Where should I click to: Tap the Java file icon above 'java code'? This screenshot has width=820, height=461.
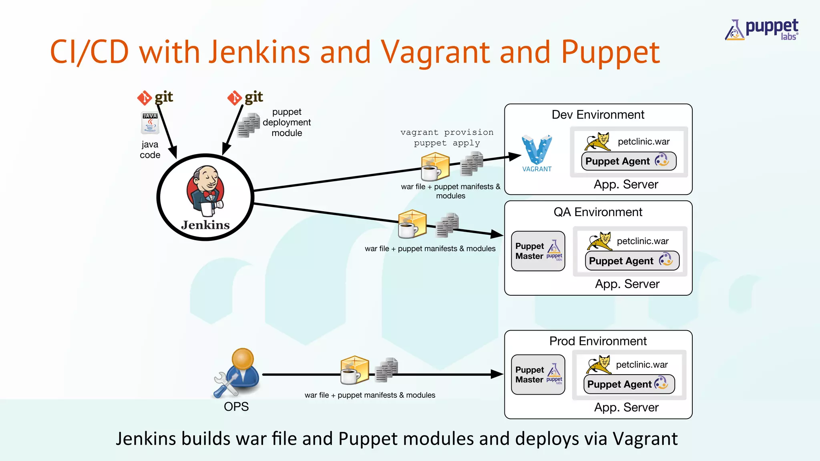(x=150, y=123)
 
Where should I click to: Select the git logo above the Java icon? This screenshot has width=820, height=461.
(x=155, y=97)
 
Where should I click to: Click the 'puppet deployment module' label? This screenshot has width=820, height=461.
(x=287, y=122)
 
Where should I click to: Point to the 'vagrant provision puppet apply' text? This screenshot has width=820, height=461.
(x=447, y=138)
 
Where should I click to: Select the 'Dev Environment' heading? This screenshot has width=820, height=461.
(x=598, y=115)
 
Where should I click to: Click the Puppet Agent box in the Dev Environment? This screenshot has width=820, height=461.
(x=628, y=161)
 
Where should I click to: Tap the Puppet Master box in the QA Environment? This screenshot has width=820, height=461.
(x=538, y=251)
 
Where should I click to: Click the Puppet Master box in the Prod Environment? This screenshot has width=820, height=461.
(x=538, y=375)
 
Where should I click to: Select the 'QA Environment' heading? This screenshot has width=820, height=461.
(x=598, y=212)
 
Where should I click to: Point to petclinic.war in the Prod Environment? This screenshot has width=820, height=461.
(x=642, y=365)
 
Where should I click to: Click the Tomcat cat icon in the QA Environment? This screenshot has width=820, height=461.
(x=600, y=241)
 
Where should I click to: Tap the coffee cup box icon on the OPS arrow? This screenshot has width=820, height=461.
(x=354, y=370)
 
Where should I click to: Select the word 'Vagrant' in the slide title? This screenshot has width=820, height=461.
(x=435, y=52)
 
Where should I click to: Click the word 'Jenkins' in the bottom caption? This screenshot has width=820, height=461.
(x=146, y=439)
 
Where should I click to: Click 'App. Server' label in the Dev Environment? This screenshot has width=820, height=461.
(x=626, y=184)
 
